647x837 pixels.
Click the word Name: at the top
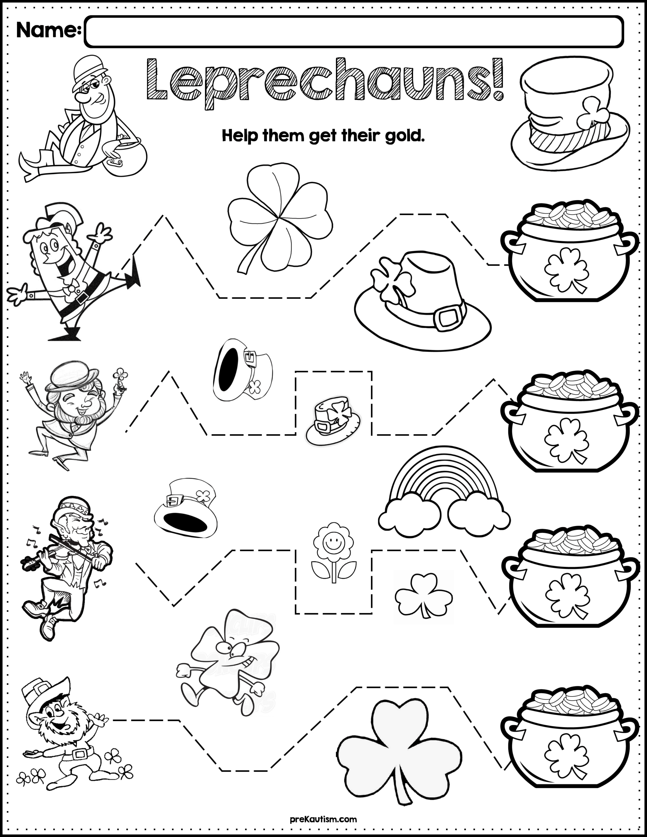(48, 30)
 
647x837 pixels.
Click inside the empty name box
(353, 31)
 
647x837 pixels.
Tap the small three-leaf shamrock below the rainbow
(423, 596)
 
